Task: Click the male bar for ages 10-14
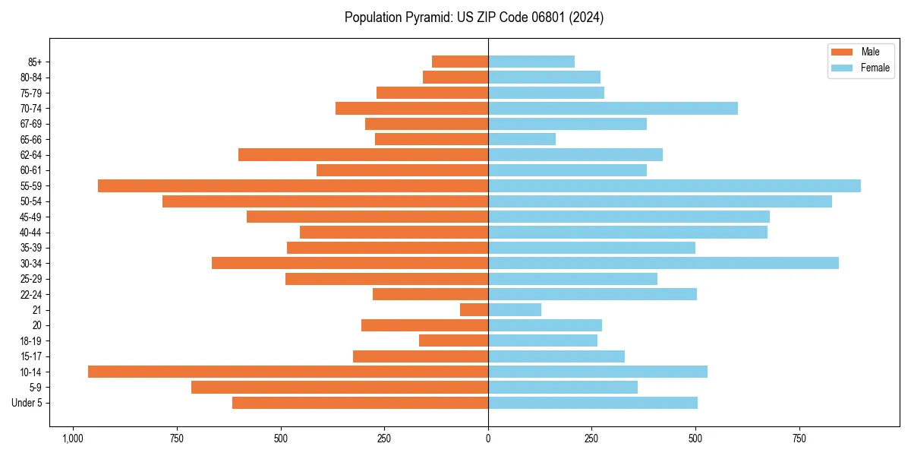[x=288, y=372]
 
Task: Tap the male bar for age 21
[x=474, y=310]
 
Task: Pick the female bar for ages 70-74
[x=613, y=109]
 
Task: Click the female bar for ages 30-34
[x=664, y=263]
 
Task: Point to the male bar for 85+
[x=460, y=62]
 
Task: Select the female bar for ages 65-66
[x=522, y=139]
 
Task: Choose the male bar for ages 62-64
[x=363, y=155]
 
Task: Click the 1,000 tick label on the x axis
[x=73, y=439]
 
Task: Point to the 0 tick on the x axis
[x=488, y=439]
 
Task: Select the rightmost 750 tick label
[x=799, y=439]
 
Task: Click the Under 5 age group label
[x=27, y=403]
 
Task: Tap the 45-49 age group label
[x=31, y=217]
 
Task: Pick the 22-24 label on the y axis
[x=31, y=295]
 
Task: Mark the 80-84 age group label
[x=31, y=78]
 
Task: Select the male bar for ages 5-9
[x=339, y=388]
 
